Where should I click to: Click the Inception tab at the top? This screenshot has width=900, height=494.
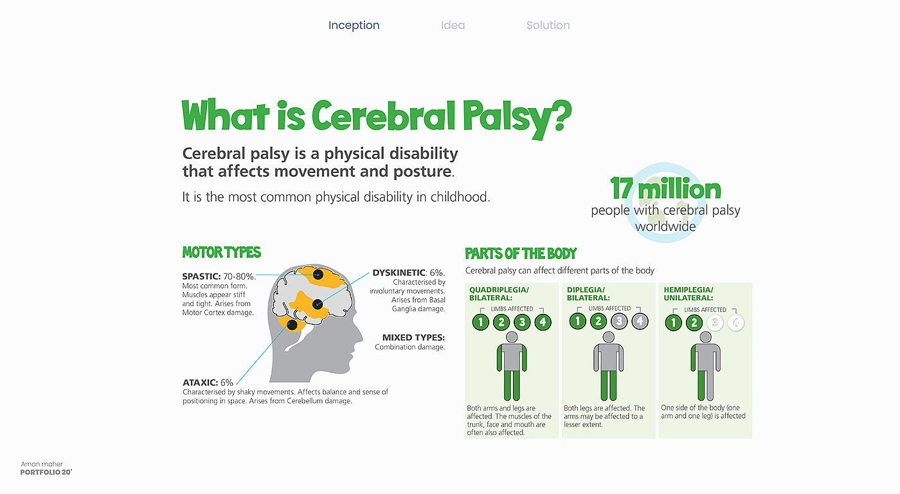(x=354, y=25)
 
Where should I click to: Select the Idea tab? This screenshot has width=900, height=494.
(x=453, y=25)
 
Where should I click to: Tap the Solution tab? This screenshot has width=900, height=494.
(x=548, y=25)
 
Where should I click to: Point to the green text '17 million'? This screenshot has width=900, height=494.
(x=665, y=188)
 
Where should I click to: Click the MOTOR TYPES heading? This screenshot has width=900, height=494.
(x=221, y=252)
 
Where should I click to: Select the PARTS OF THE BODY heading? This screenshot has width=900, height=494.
(x=521, y=253)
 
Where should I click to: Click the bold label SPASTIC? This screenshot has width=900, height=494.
(x=201, y=277)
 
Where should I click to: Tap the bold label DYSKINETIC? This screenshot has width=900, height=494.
(x=399, y=273)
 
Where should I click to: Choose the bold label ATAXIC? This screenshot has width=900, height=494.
(x=200, y=383)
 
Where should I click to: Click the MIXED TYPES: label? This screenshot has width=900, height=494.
(x=413, y=338)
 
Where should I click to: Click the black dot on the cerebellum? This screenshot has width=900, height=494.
(x=292, y=325)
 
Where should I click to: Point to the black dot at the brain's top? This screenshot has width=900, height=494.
(x=318, y=275)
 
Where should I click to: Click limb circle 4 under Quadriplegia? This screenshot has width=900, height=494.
(x=543, y=322)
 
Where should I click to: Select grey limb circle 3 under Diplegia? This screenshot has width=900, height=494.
(x=619, y=321)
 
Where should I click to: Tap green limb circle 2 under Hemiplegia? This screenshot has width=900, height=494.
(x=694, y=323)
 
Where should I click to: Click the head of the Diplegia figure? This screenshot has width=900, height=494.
(x=609, y=337)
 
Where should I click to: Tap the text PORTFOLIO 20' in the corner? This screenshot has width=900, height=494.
(x=46, y=472)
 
